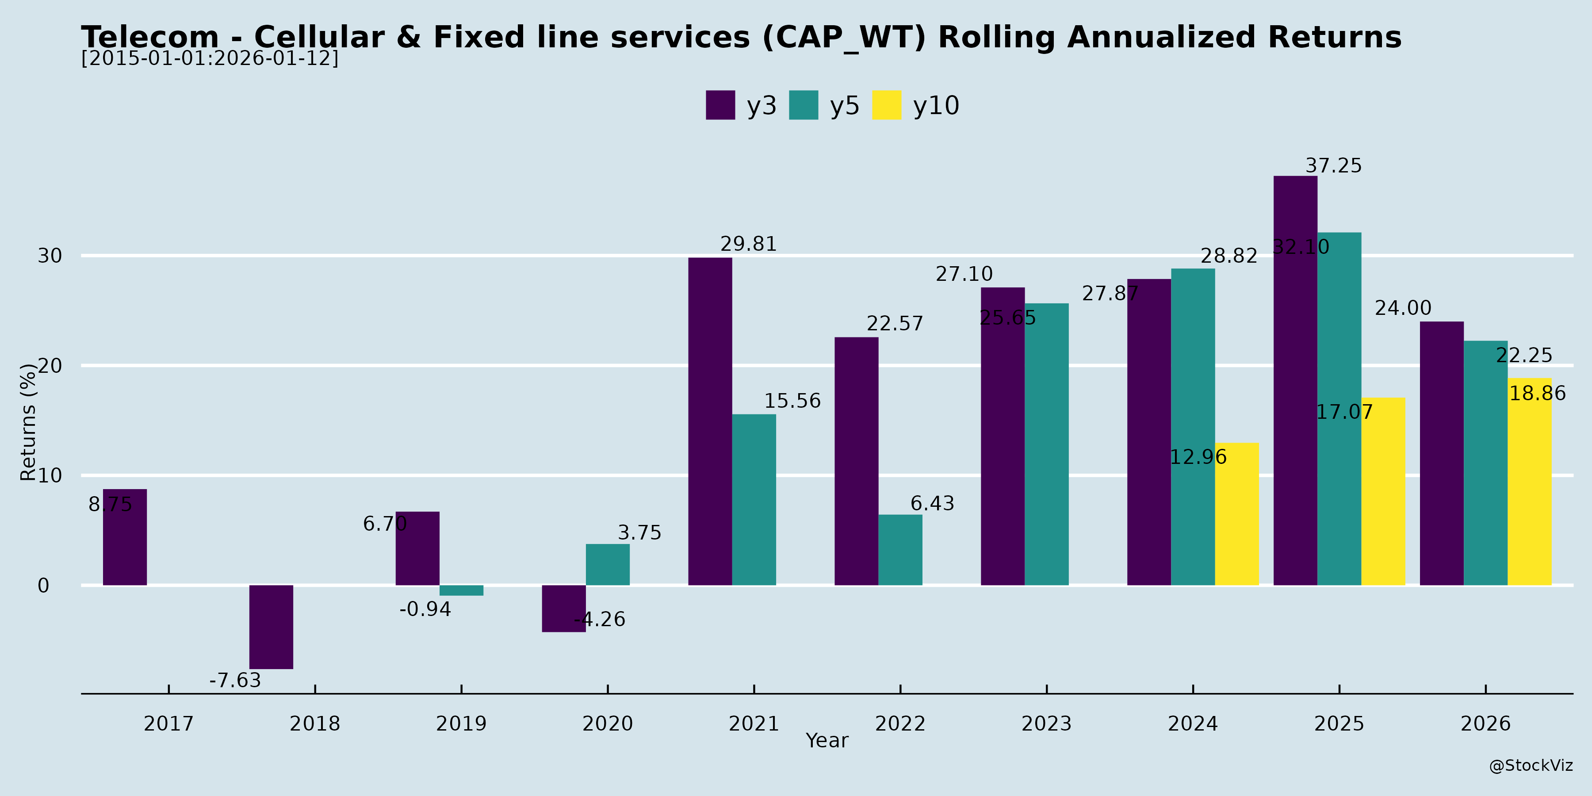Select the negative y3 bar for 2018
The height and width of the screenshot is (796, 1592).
272,627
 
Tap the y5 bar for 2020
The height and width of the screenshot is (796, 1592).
608,564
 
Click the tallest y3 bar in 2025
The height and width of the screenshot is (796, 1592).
1295,380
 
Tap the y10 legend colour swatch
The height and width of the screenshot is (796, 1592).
886,105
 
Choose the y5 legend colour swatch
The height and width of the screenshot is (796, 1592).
804,105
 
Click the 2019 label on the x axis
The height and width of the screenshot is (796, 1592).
461,723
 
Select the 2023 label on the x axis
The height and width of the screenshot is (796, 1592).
1046,723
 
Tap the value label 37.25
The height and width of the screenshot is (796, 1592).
1333,166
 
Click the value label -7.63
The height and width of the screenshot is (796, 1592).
235,681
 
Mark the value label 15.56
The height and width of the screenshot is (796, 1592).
792,401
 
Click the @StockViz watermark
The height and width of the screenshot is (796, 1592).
1530,766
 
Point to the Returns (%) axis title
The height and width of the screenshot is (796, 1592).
28,422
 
